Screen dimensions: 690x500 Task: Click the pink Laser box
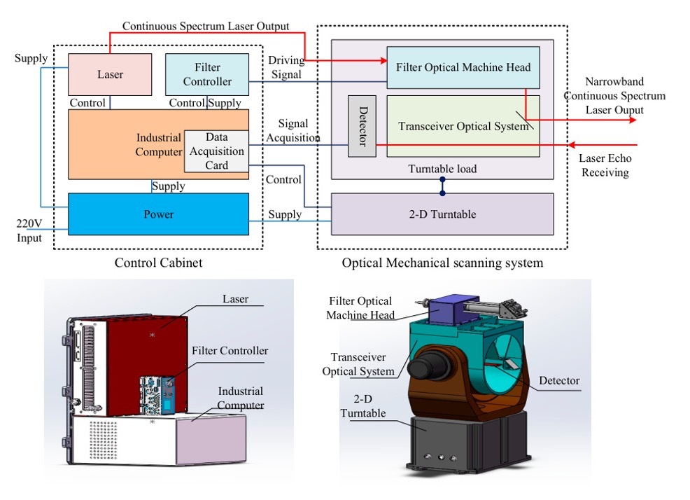click(x=110, y=74)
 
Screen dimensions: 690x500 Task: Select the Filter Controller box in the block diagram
click(x=207, y=74)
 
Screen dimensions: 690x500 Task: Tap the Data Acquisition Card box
click(x=216, y=151)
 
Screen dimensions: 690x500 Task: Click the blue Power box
click(x=158, y=214)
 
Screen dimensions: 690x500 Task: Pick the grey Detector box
click(x=362, y=126)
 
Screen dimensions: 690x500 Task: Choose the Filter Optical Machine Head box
click(x=463, y=67)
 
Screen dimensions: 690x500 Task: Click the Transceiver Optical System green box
click(x=463, y=126)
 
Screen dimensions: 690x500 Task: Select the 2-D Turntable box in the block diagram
click(x=442, y=214)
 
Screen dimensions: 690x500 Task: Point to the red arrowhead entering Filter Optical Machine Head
click(x=383, y=60)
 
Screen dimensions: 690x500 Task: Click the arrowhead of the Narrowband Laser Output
click(x=633, y=119)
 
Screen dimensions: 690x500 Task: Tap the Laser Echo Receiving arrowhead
click(x=572, y=144)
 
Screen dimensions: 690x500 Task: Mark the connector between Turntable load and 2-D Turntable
click(x=442, y=186)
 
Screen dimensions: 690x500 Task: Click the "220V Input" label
click(x=29, y=230)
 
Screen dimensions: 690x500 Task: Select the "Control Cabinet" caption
click(x=158, y=263)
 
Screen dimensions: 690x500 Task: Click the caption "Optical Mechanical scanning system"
click(x=442, y=263)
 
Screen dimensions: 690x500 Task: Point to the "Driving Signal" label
click(x=286, y=67)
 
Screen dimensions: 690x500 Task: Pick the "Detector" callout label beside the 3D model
click(x=559, y=381)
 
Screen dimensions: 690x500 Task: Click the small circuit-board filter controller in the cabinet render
click(x=157, y=395)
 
